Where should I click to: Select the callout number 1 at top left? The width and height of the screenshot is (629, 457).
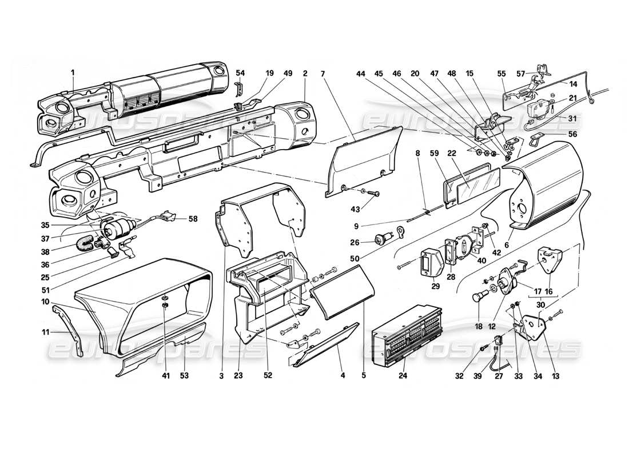tap(73, 72)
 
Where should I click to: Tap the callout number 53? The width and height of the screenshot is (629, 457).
tap(184, 376)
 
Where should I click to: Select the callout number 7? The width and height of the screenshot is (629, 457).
tap(323, 73)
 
